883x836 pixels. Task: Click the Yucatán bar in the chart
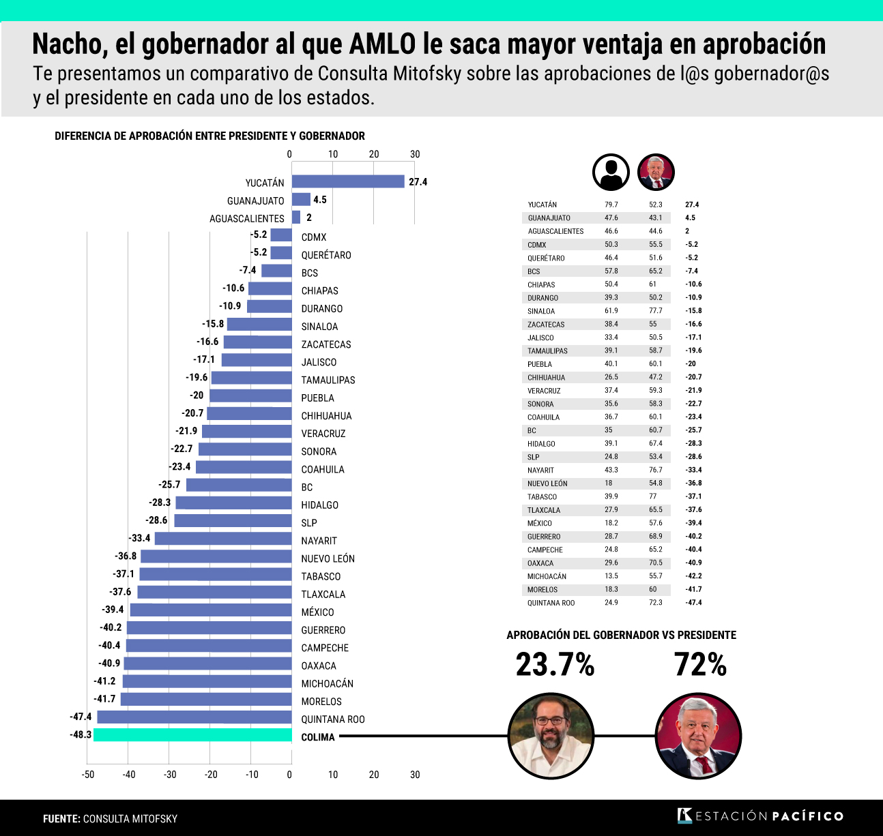(348, 181)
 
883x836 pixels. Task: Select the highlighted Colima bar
(193, 735)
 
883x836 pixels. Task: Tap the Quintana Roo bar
(194, 717)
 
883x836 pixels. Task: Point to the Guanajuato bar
(301, 200)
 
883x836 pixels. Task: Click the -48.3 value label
(81, 735)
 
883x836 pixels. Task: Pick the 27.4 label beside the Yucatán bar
(418, 182)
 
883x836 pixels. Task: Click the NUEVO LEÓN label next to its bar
(328, 558)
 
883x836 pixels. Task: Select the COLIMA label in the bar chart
(318, 737)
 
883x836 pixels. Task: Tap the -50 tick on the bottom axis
(88, 775)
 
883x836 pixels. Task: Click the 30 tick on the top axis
(415, 154)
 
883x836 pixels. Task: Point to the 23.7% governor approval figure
(555, 665)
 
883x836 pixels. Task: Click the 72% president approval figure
(700, 665)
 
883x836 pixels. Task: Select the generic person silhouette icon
(611, 172)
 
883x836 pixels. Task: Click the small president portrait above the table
(656, 172)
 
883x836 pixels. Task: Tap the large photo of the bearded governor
(551, 736)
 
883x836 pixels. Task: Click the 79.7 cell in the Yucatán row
(611, 205)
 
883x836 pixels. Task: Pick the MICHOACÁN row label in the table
(547, 577)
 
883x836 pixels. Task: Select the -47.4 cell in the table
(693, 603)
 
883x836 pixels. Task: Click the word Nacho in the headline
(68, 44)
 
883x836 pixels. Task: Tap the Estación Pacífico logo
(760, 816)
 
